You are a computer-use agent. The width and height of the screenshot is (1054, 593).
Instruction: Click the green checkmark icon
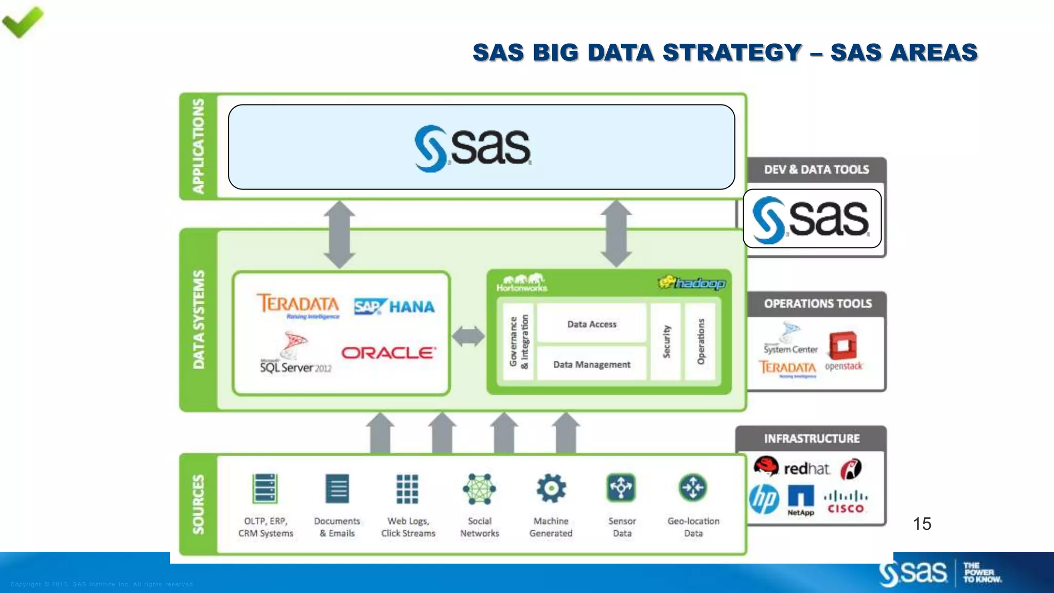[23, 22]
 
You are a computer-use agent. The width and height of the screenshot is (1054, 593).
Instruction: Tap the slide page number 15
[922, 524]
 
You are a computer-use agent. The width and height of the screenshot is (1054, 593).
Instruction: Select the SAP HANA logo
[394, 306]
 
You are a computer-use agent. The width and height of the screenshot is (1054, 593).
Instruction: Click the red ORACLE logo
[389, 353]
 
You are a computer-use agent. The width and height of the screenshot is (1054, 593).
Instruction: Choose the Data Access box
[591, 324]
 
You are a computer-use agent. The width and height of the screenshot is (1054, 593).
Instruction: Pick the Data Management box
[591, 364]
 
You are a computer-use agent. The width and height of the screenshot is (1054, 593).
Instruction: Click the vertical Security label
[666, 341]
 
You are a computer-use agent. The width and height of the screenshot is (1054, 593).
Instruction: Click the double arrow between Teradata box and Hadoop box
[468, 336]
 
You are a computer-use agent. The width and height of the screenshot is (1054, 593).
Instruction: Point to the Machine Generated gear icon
[551, 488]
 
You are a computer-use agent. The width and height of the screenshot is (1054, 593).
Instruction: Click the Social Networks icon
[479, 489]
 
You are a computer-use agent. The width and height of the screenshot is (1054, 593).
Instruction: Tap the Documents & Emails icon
[337, 489]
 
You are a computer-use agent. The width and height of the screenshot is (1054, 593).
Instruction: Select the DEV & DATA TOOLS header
[816, 170]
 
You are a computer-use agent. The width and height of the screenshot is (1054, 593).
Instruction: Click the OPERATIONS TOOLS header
[817, 304]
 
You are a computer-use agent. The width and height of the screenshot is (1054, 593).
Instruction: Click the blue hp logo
[764, 499]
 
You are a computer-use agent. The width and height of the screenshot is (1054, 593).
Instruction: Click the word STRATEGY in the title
[732, 53]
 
